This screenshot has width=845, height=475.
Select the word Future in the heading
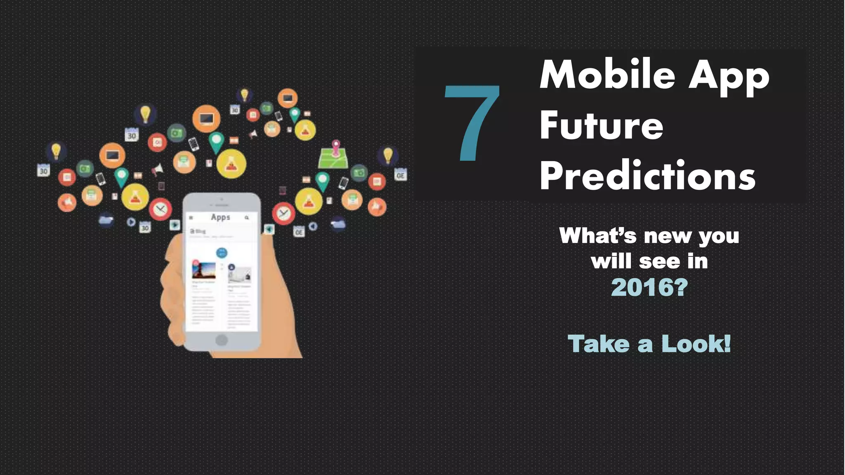(x=601, y=125)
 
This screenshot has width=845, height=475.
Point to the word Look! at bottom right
(x=696, y=343)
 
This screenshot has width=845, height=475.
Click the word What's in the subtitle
(x=598, y=236)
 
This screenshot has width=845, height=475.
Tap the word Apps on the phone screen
(x=220, y=217)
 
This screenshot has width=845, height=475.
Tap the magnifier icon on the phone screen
(x=247, y=217)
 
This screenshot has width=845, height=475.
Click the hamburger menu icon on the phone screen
(x=191, y=217)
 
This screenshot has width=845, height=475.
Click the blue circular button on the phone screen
(x=222, y=252)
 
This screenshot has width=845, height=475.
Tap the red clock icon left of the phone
(x=161, y=209)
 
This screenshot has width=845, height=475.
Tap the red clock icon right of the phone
(x=283, y=213)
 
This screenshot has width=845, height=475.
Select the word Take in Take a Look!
(x=598, y=343)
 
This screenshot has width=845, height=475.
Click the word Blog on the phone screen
(x=200, y=231)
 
